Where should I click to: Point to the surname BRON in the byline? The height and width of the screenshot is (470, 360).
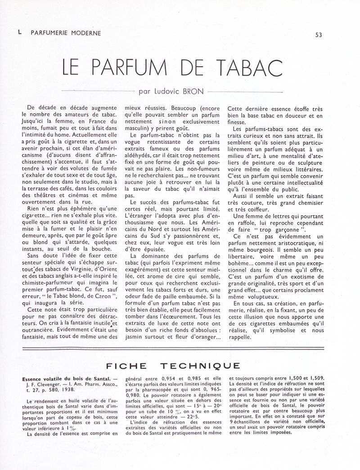(193, 92)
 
